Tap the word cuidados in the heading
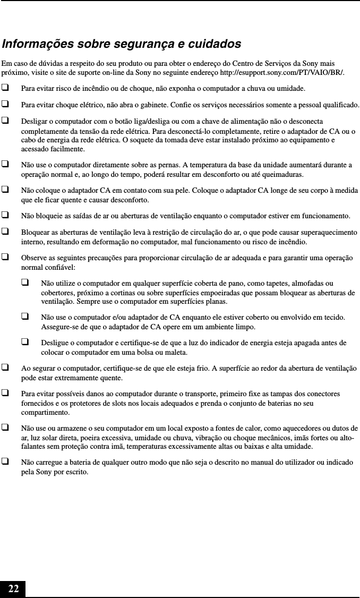pyautogui.click(x=215, y=44)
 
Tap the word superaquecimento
pyautogui.click(x=327, y=232)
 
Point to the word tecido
pyautogui.click(x=332, y=317)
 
